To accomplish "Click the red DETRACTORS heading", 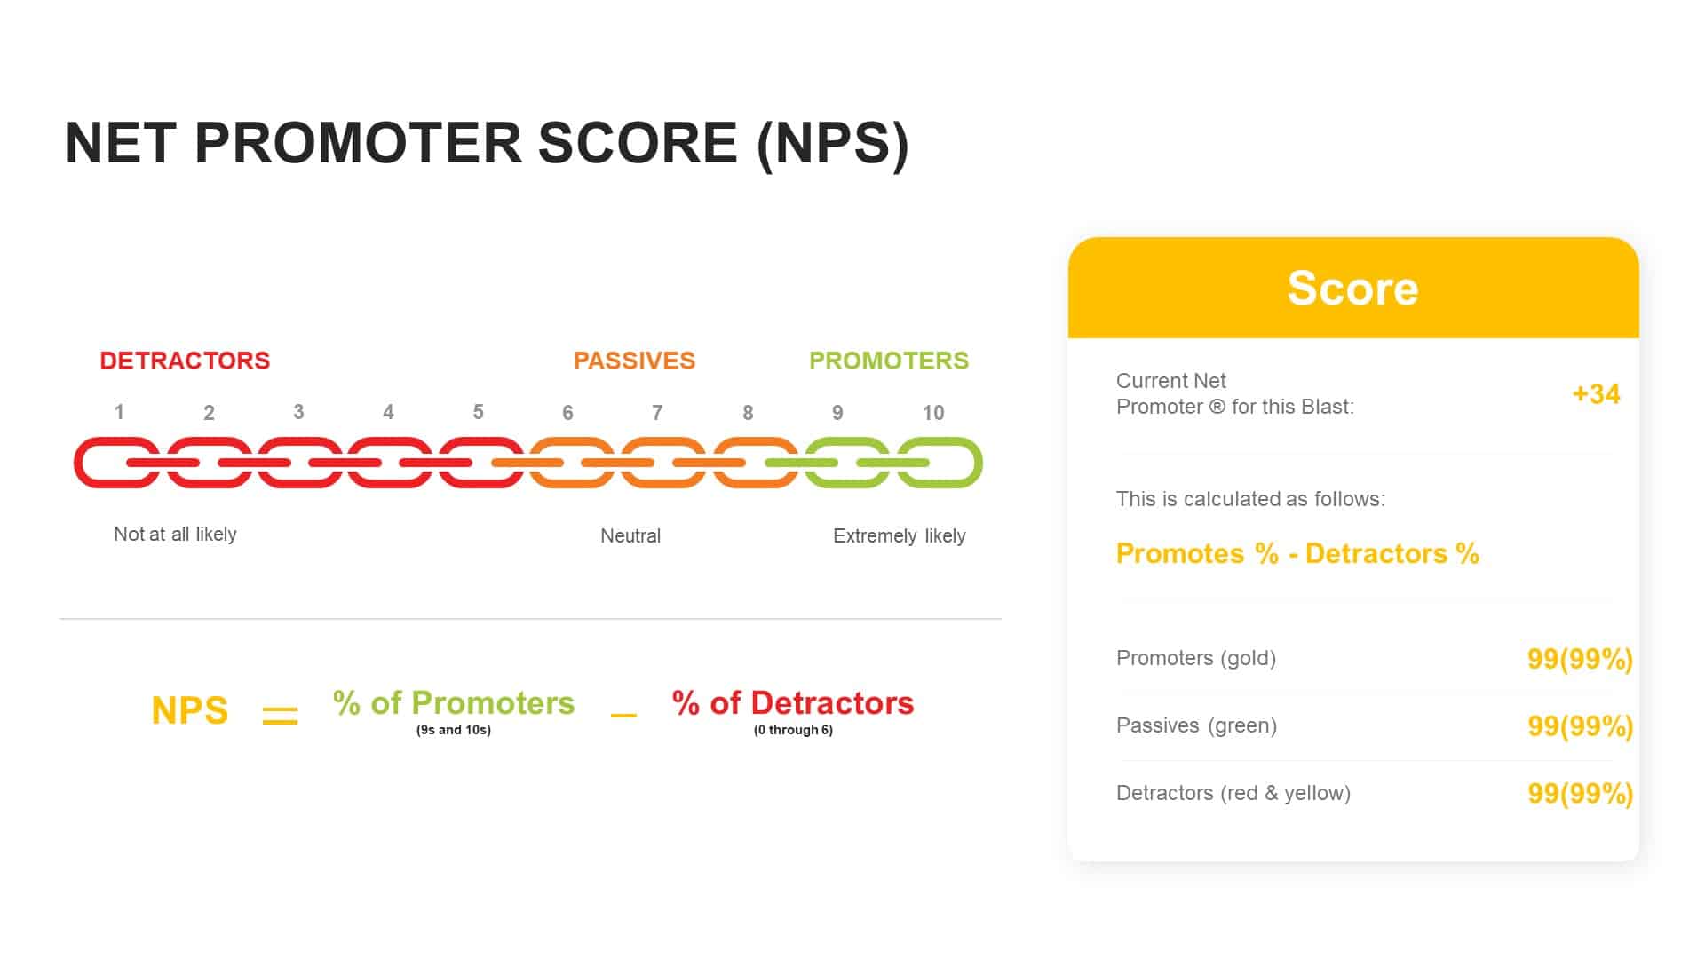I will click(185, 361).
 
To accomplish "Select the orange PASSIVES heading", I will click(634, 361).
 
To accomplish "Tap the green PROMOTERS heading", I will click(888, 361).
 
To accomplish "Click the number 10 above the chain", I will click(932, 413).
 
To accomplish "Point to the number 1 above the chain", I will click(119, 412).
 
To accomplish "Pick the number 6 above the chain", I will click(567, 413).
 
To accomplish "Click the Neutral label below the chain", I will click(630, 535).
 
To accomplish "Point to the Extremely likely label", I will click(899, 535).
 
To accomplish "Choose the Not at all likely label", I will click(175, 534).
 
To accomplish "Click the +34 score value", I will click(1596, 393).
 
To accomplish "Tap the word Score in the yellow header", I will click(1352, 289).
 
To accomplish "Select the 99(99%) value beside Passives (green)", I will click(1580, 726).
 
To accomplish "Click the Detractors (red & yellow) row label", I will click(1233, 793).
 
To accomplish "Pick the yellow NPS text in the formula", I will click(189, 710).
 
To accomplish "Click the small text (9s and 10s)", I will click(453, 730).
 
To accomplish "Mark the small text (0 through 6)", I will click(793, 730).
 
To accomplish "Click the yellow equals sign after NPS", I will click(280, 715).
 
